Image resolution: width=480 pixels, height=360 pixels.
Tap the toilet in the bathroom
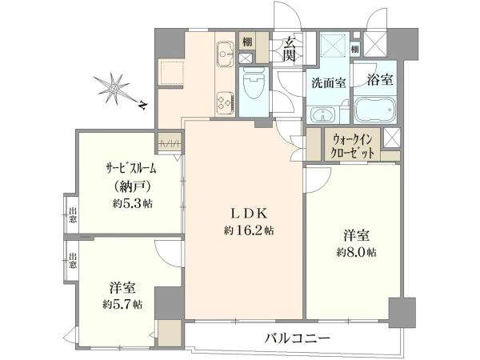[x=254, y=82]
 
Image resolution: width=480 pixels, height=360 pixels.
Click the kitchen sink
[x=226, y=54]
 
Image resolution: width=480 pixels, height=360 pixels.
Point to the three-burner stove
[x=226, y=103]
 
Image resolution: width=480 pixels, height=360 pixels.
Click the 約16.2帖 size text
[x=249, y=230]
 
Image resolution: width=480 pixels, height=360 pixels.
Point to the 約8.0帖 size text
[x=357, y=252]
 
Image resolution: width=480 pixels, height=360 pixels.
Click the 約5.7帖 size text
[x=122, y=304]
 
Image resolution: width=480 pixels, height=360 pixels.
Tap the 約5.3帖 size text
[x=132, y=203]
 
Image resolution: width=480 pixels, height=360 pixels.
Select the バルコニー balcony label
[x=298, y=338]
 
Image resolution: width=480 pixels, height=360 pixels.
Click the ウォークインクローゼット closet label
[x=353, y=146]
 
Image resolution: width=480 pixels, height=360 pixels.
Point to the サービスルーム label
[x=131, y=169]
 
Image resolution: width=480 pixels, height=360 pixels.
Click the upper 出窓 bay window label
[x=72, y=215]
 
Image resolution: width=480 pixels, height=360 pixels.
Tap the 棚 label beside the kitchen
[x=247, y=42]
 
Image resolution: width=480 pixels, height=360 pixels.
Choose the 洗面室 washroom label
[x=329, y=82]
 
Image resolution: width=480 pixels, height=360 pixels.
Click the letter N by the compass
[x=142, y=105]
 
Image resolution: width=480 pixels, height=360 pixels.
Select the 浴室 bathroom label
[x=380, y=79]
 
